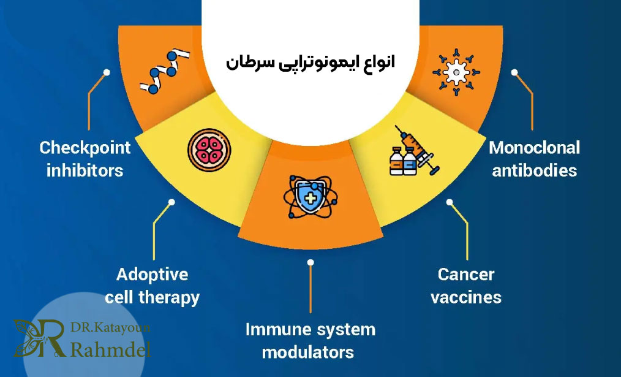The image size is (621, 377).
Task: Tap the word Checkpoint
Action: click(85, 148)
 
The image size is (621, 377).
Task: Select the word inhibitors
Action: click(85, 170)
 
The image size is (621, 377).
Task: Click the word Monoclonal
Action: click(534, 148)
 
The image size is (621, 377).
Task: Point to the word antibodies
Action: click(533, 170)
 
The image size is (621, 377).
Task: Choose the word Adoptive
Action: click(152, 274)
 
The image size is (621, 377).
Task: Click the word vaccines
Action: click(465, 298)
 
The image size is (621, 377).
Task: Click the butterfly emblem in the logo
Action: click(35, 338)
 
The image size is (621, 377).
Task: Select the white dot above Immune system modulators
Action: click(310, 262)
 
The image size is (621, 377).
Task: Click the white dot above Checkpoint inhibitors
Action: click(107, 72)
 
